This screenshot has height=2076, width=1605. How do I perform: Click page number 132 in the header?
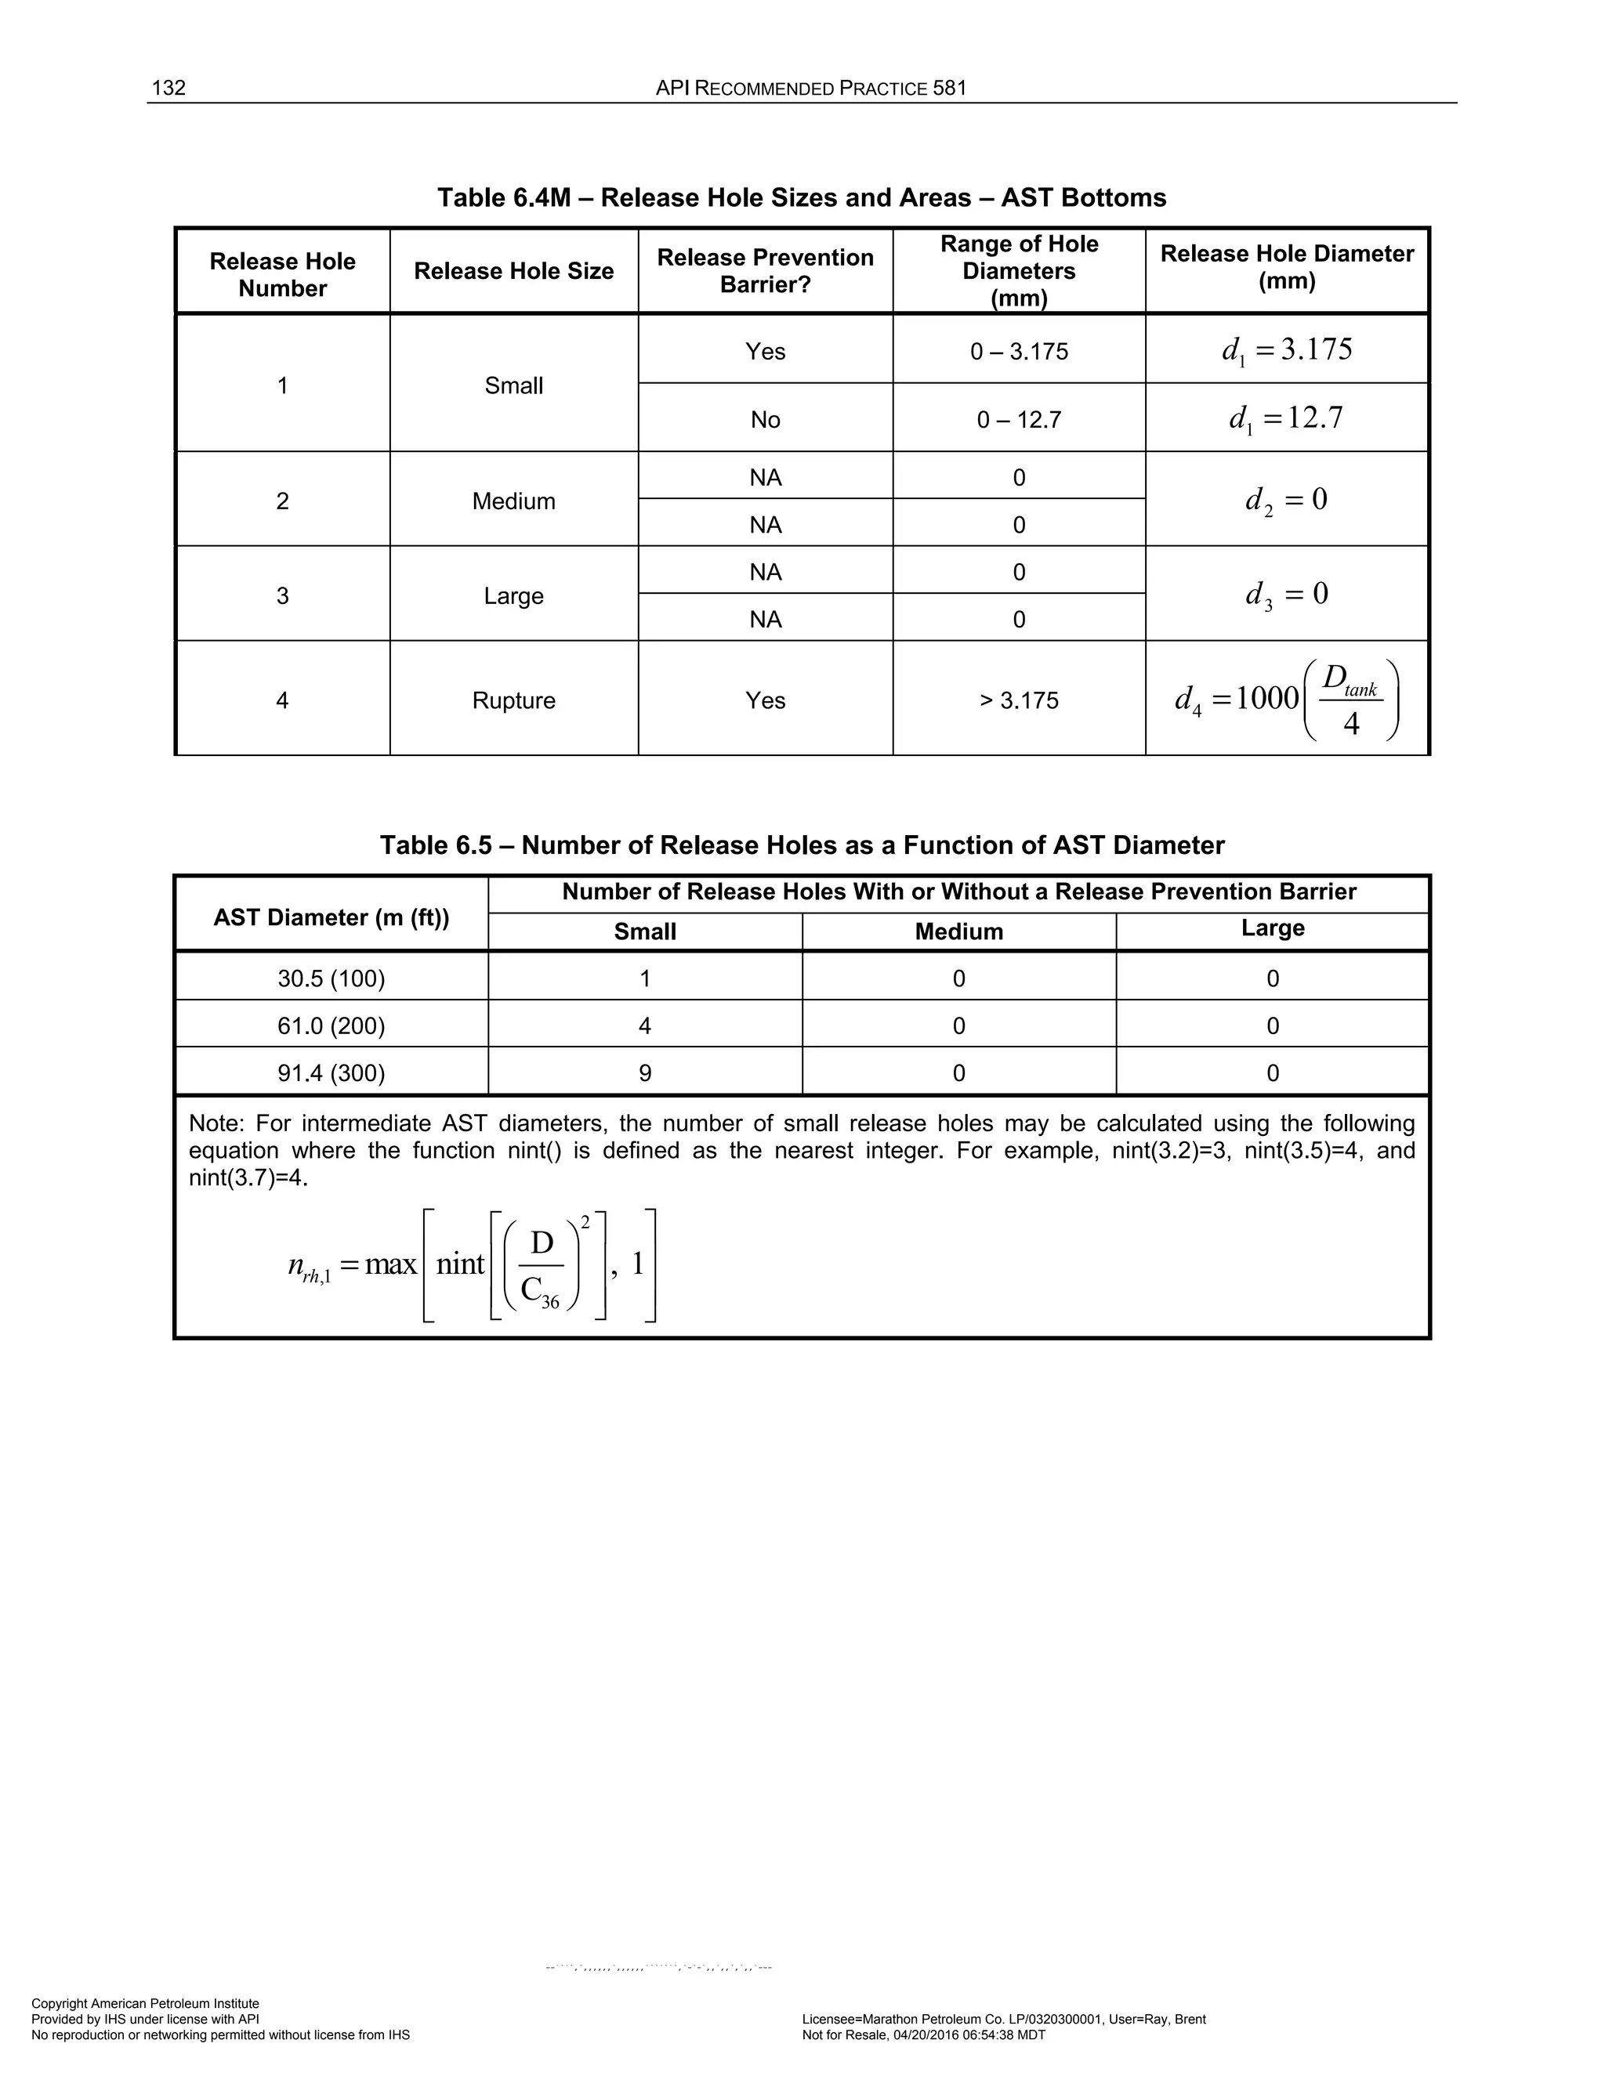pos(168,89)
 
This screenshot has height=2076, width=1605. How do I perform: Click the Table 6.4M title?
pos(802,197)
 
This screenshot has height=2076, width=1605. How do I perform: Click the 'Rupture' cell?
pos(513,700)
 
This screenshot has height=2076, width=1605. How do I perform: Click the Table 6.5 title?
pos(802,845)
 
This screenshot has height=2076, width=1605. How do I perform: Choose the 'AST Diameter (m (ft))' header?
pos(331,917)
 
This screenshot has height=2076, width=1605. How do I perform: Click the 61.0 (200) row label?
pos(331,1025)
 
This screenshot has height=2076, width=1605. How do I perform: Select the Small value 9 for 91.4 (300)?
pos(645,1073)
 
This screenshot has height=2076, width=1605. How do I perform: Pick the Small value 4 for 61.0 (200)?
pos(645,1025)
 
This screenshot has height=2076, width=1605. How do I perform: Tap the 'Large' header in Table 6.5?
pos(1272,928)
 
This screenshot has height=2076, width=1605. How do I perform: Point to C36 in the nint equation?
pos(539,1291)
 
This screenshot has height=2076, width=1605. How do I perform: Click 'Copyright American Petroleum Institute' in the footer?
pos(146,2003)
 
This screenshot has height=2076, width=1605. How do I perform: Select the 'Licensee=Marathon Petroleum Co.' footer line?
pos(1003,2019)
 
